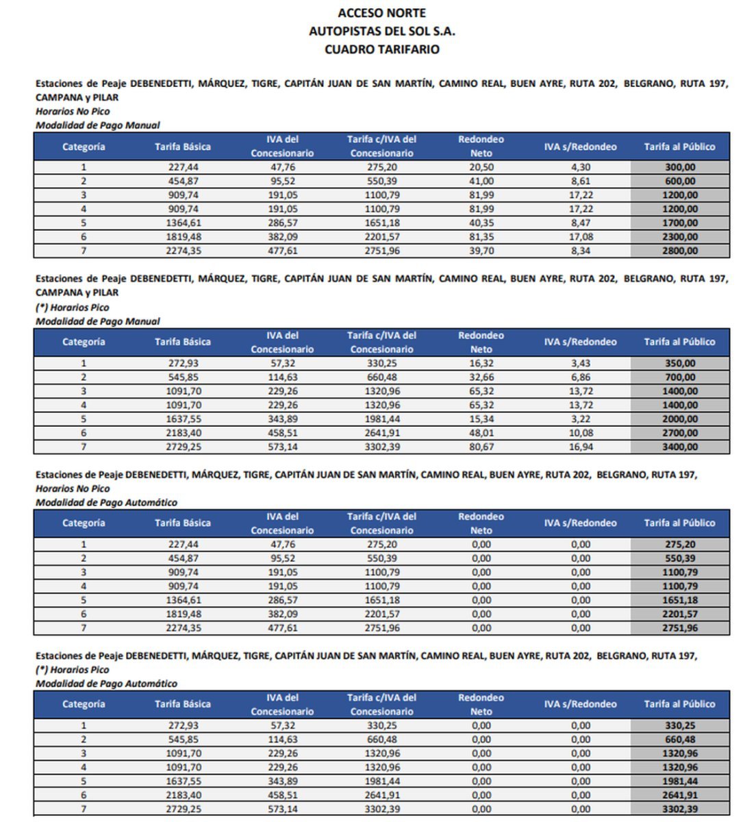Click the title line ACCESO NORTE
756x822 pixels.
pyautogui.click(x=381, y=13)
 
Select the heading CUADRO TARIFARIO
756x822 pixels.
pyautogui.click(x=381, y=49)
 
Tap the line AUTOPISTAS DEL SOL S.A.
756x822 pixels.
pyautogui.click(x=381, y=32)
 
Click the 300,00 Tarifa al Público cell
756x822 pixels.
pyautogui.click(x=679, y=167)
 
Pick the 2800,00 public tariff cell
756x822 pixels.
pyautogui.click(x=679, y=251)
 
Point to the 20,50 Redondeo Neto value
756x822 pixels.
pyautogui.click(x=481, y=167)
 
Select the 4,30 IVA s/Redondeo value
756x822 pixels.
pyautogui.click(x=580, y=167)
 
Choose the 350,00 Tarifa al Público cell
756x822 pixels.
pyautogui.click(x=679, y=364)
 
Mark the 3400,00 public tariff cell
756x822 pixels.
pyautogui.click(x=679, y=447)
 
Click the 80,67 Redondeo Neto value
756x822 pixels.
pyautogui.click(x=481, y=447)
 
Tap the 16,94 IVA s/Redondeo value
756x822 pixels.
pyautogui.click(x=580, y=447)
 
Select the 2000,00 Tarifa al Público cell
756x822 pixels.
pyautogui.click(x=679, y=419)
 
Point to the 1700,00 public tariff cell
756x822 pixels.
pyautogui.click(x=679, y=223)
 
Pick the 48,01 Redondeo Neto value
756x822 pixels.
pyautogui.click(x=481, y=433)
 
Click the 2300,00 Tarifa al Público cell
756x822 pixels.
pyautogui.click(x=679, y=237)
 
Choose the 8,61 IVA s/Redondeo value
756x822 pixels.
pyautogui.click(x=580, y=182)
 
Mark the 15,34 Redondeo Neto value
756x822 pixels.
pyautogui.click(x=481, y=419)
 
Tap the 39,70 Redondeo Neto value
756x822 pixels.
pyautogui.click(x=481, y=251)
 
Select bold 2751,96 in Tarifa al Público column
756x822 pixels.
pyautogui.click(x=679, y=628)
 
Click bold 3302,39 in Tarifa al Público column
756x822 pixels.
pyautogui.click(x=679, y=809)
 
